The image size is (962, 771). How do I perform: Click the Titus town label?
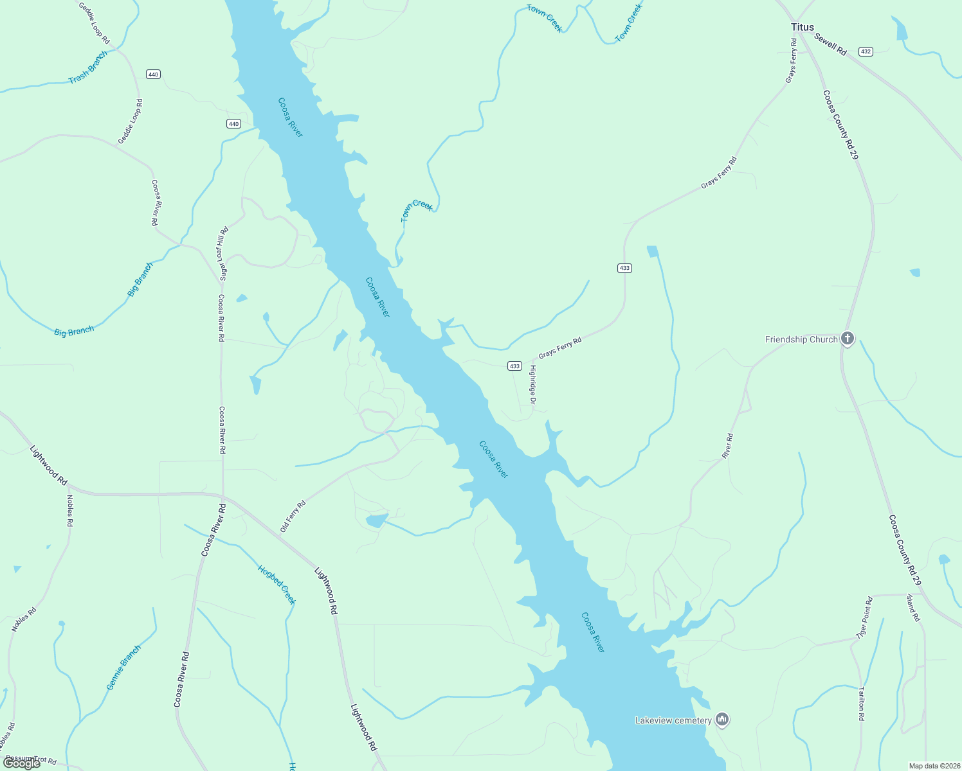click(802, 27)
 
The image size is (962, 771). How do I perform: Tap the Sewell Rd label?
click(830, 44)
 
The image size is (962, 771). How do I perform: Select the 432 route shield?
click(866, 51)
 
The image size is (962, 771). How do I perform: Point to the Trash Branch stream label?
click(87, 67)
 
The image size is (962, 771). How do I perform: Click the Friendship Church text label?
click(801, 339)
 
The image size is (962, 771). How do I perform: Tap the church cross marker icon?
click(848, 339)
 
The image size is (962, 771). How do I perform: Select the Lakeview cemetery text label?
click(673, 720)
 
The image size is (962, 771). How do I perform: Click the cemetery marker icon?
click(722, 720)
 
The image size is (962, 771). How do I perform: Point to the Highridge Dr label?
click(532, 384)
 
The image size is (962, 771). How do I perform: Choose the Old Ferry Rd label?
click(293, 517)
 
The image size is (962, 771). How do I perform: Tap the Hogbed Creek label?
click(277, 585)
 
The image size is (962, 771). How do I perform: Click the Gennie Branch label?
click(123, 668)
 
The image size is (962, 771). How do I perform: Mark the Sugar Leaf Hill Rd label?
click(224, 254)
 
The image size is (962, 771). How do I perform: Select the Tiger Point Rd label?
click(864, 617)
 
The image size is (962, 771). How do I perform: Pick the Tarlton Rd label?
click(862, 704)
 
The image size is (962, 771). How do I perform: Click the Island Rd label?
click(913, 607)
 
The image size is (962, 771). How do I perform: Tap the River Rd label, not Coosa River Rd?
click(727, 446)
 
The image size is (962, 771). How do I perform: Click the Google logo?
click(22, 763)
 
